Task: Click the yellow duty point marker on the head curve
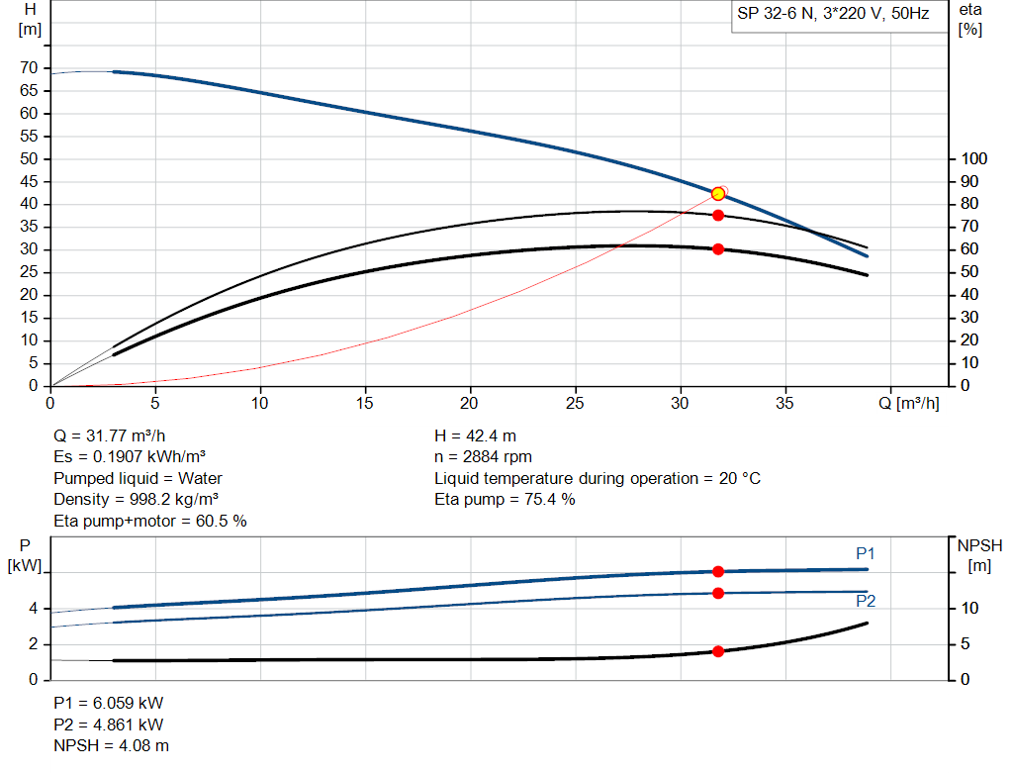(718, 193)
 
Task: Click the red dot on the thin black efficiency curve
(718, 215)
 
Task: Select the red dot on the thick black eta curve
(718, 248)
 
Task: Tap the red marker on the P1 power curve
(718, 571)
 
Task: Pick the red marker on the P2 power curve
(718, 593)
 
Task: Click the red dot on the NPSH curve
(718, 651)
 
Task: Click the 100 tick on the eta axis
(974, 159)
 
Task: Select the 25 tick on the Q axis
(576, 403)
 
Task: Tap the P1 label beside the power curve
(866, 553)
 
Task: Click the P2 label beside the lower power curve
(866, 601)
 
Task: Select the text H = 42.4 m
(476, 435)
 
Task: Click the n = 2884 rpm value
(484, 456)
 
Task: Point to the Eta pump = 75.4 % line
(505, 499)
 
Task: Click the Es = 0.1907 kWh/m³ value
(137, 456)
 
